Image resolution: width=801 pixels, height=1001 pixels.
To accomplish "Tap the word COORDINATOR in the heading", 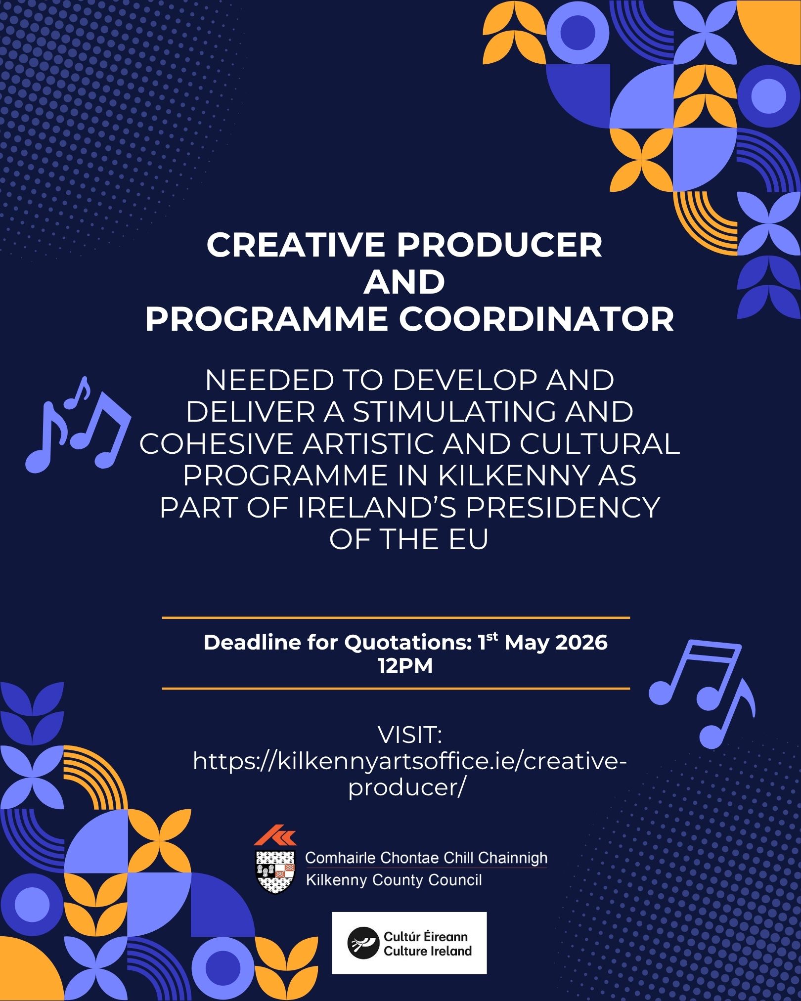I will click(536, 319).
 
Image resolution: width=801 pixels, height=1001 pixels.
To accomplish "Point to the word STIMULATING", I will click(449, 411).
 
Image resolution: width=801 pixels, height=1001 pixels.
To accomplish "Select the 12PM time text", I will click(405, 666).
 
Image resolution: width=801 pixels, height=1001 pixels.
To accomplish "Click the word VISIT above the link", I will click(409, 735).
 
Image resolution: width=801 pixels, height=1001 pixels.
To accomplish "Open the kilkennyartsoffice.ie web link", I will click(409, 761).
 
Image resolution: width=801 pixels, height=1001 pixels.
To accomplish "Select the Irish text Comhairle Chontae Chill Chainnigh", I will click(426, 858).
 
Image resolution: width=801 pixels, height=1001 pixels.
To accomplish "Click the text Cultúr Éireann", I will click(426, 936).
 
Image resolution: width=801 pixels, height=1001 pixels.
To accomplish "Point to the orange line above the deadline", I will click(396, 617).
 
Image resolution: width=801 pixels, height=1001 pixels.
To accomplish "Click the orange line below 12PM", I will click(396, 688).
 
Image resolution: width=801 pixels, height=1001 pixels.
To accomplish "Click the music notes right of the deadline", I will click(702, 692).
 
